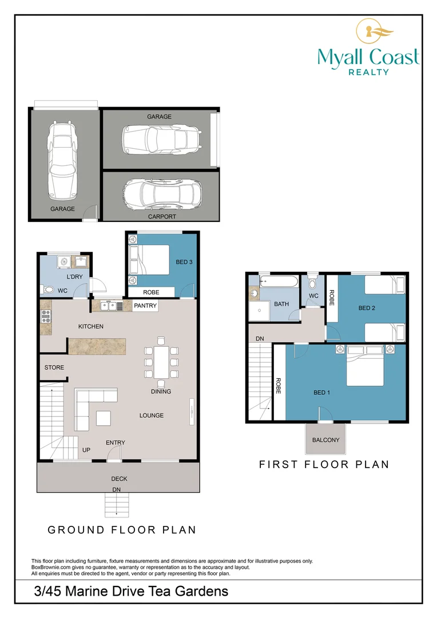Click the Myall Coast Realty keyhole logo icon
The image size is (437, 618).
(374, 31)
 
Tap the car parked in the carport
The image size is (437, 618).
(162, 195)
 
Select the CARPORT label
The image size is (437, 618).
(162, 216)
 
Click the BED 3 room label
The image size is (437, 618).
(184, 262)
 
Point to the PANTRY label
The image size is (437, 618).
(145, 306)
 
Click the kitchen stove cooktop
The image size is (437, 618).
(46, 317)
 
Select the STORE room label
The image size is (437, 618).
(54, 367)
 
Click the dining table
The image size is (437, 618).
(161, 362)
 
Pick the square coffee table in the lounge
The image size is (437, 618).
(103, 418)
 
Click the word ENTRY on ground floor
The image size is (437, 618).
(116, 442)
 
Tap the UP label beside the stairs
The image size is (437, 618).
(86, 450)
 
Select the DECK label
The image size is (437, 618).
(119, 478)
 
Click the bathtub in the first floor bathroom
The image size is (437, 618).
(280, 282)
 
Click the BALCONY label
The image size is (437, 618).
(325, 440)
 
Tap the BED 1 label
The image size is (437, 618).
(321, 393)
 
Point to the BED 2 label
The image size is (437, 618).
(367, 308)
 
